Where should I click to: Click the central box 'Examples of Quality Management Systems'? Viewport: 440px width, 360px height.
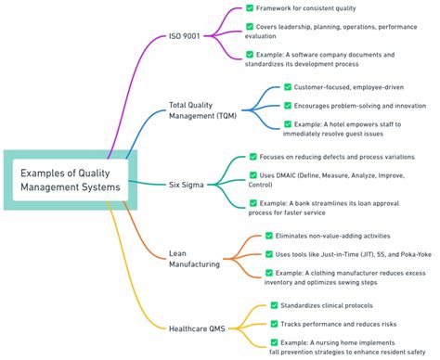[x=71, y=178]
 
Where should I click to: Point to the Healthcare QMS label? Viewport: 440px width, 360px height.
[x=198, y=328]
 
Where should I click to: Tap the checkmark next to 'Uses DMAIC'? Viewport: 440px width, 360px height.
[x=253, y=174]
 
